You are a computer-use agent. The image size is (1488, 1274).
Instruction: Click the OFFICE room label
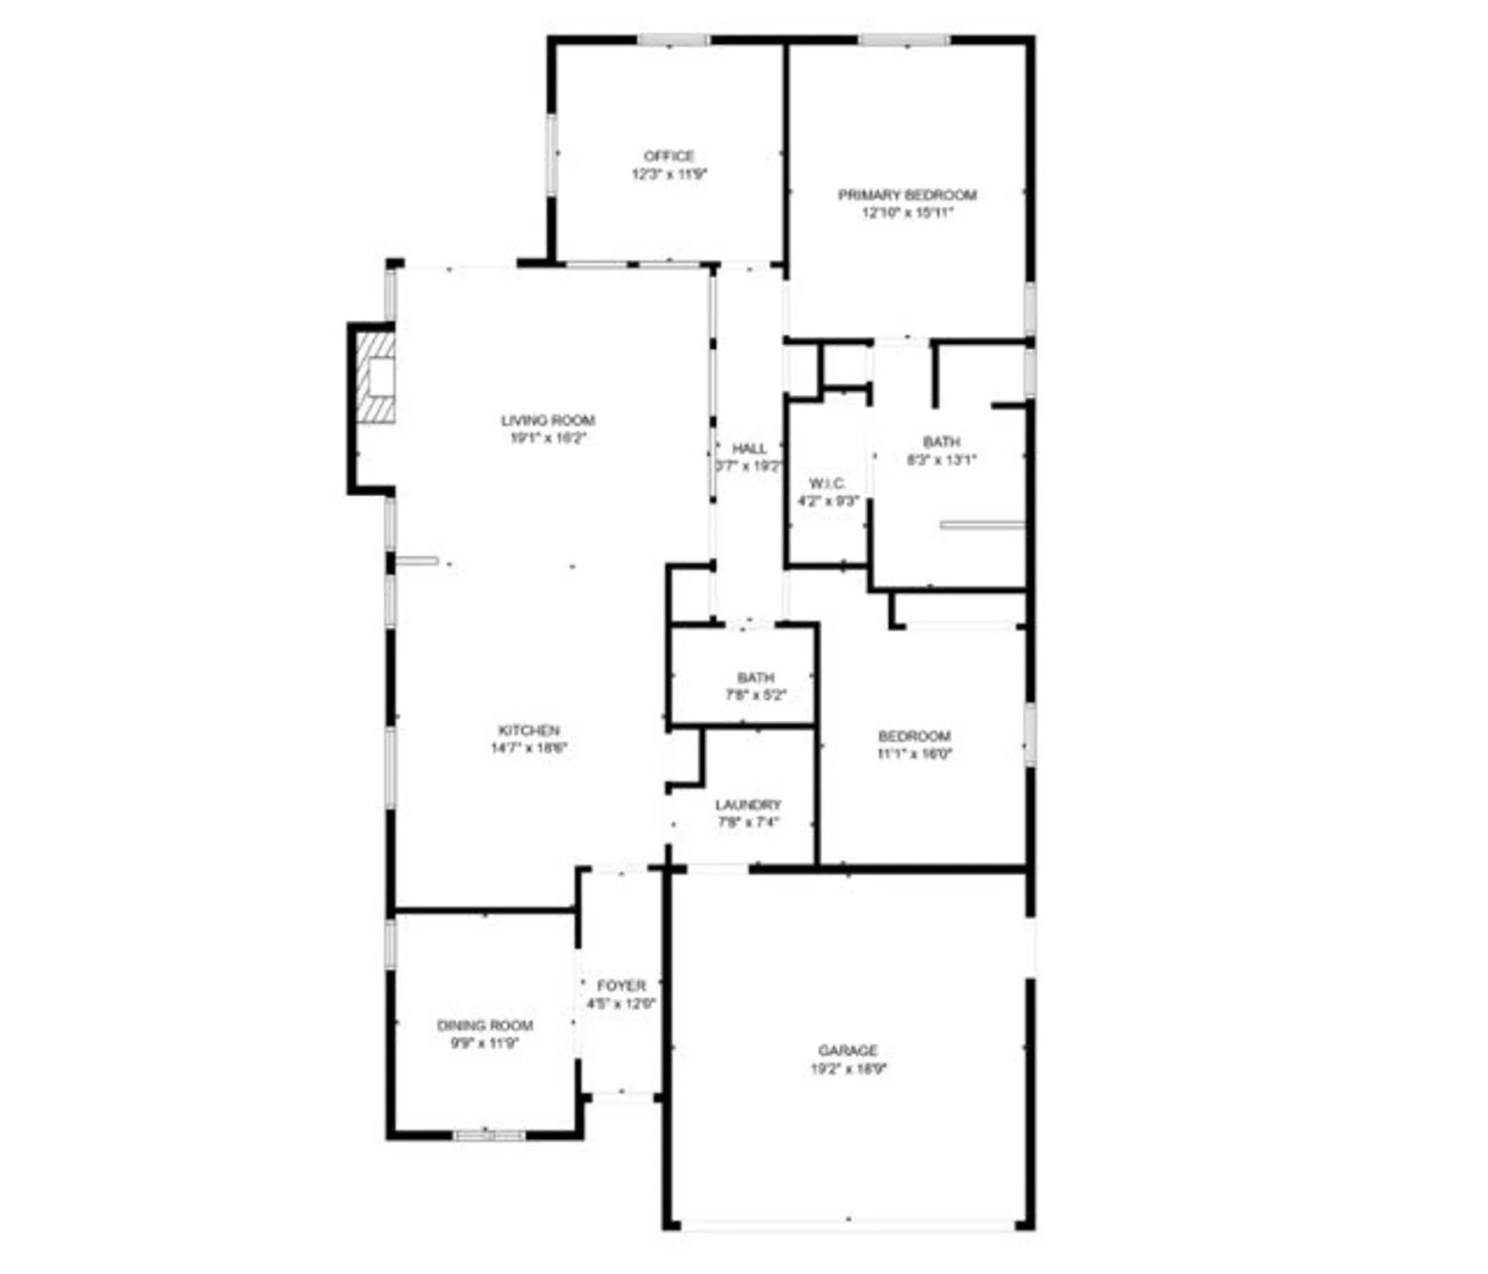[x=668, y=156]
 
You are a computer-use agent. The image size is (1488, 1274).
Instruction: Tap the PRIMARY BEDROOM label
[x=907, y=194]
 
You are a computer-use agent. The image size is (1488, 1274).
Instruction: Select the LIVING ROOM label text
[x=548, y=420]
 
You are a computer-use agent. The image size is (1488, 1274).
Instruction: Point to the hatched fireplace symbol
[x=375, y=377]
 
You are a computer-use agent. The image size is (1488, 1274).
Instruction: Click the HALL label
[x=748, y=448]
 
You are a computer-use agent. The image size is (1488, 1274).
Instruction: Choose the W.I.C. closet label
[x=826, y=483]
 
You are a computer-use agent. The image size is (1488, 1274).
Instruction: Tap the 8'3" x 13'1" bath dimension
[x=942, y=459]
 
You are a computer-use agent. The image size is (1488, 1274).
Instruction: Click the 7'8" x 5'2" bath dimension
[x=755, y=695]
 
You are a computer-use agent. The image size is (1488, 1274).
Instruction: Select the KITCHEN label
[x=528, y=730]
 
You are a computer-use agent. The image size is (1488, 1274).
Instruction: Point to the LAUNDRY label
[x=747, y=804]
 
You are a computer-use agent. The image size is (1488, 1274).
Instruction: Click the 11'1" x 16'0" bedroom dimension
[x=914, y=753]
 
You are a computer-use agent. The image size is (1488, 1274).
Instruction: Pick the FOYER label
[x=621, y=985]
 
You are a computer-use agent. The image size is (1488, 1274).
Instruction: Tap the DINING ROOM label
[x=484, y=1025]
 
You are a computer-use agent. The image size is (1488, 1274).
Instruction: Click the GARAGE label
[x=848, y=1051]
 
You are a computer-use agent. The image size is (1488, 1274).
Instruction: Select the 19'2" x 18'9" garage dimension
[x=848, y=1069]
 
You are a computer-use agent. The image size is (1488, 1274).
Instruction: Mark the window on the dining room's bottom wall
[x=489, y=1135]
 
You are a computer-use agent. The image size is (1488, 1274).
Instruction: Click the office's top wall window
[x=674, y=40]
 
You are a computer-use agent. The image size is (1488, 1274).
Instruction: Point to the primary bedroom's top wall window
[x=904, y=40]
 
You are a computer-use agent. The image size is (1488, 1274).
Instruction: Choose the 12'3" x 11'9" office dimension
[x=668, y=174]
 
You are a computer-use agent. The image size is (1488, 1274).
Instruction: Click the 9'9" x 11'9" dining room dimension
[x=484, y=1043]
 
